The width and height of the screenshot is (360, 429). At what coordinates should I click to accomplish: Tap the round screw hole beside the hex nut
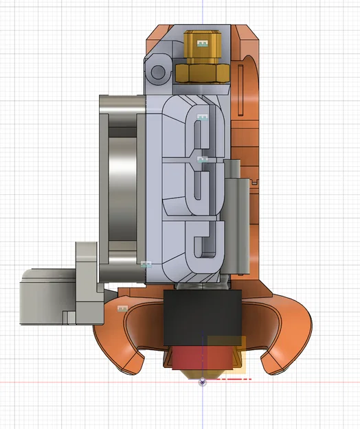click(157, 72)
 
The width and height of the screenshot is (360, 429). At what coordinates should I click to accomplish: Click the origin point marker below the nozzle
click(202, 382)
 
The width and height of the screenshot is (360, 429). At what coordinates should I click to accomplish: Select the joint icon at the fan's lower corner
click(145, 264)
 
